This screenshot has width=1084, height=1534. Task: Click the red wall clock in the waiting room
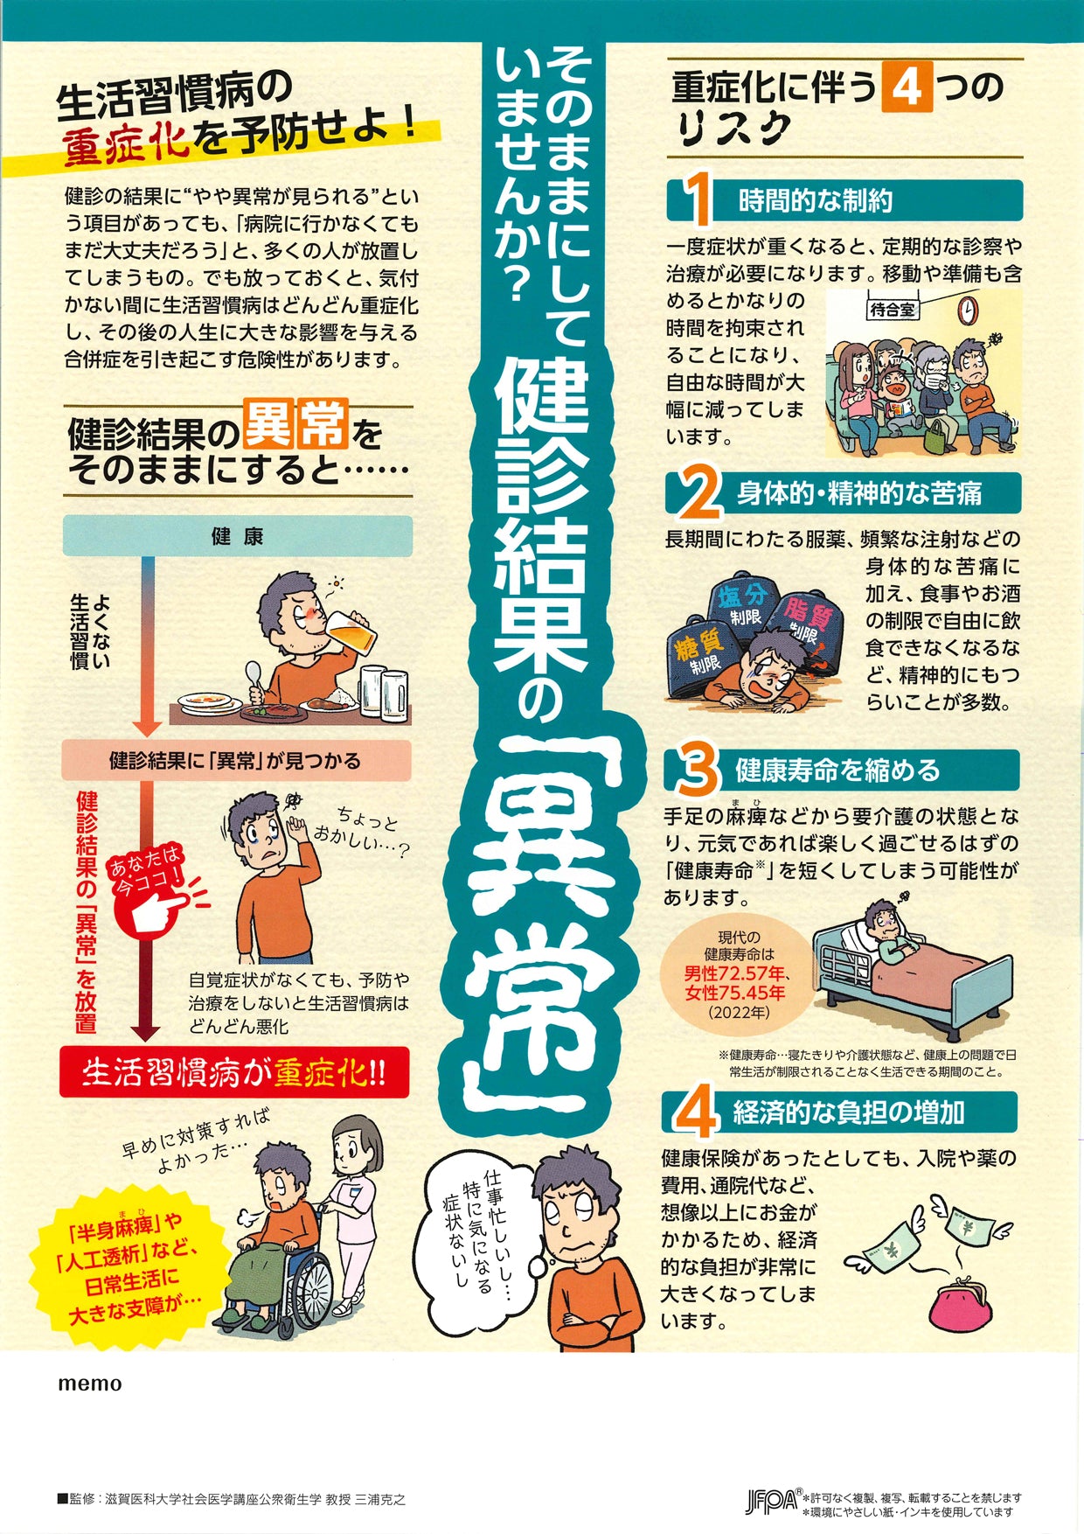(966, 310)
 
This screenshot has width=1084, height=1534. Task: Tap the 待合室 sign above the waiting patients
(893, 309)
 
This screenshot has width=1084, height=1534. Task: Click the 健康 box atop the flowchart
(237, 536)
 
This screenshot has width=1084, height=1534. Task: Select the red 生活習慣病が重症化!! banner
(234, 1073)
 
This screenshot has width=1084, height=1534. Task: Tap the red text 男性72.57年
(737, 973)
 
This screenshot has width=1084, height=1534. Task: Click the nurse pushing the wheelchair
(354, 1198)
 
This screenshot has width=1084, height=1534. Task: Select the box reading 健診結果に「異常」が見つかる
(236, 761)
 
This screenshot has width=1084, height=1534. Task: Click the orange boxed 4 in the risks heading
(906, 87)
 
